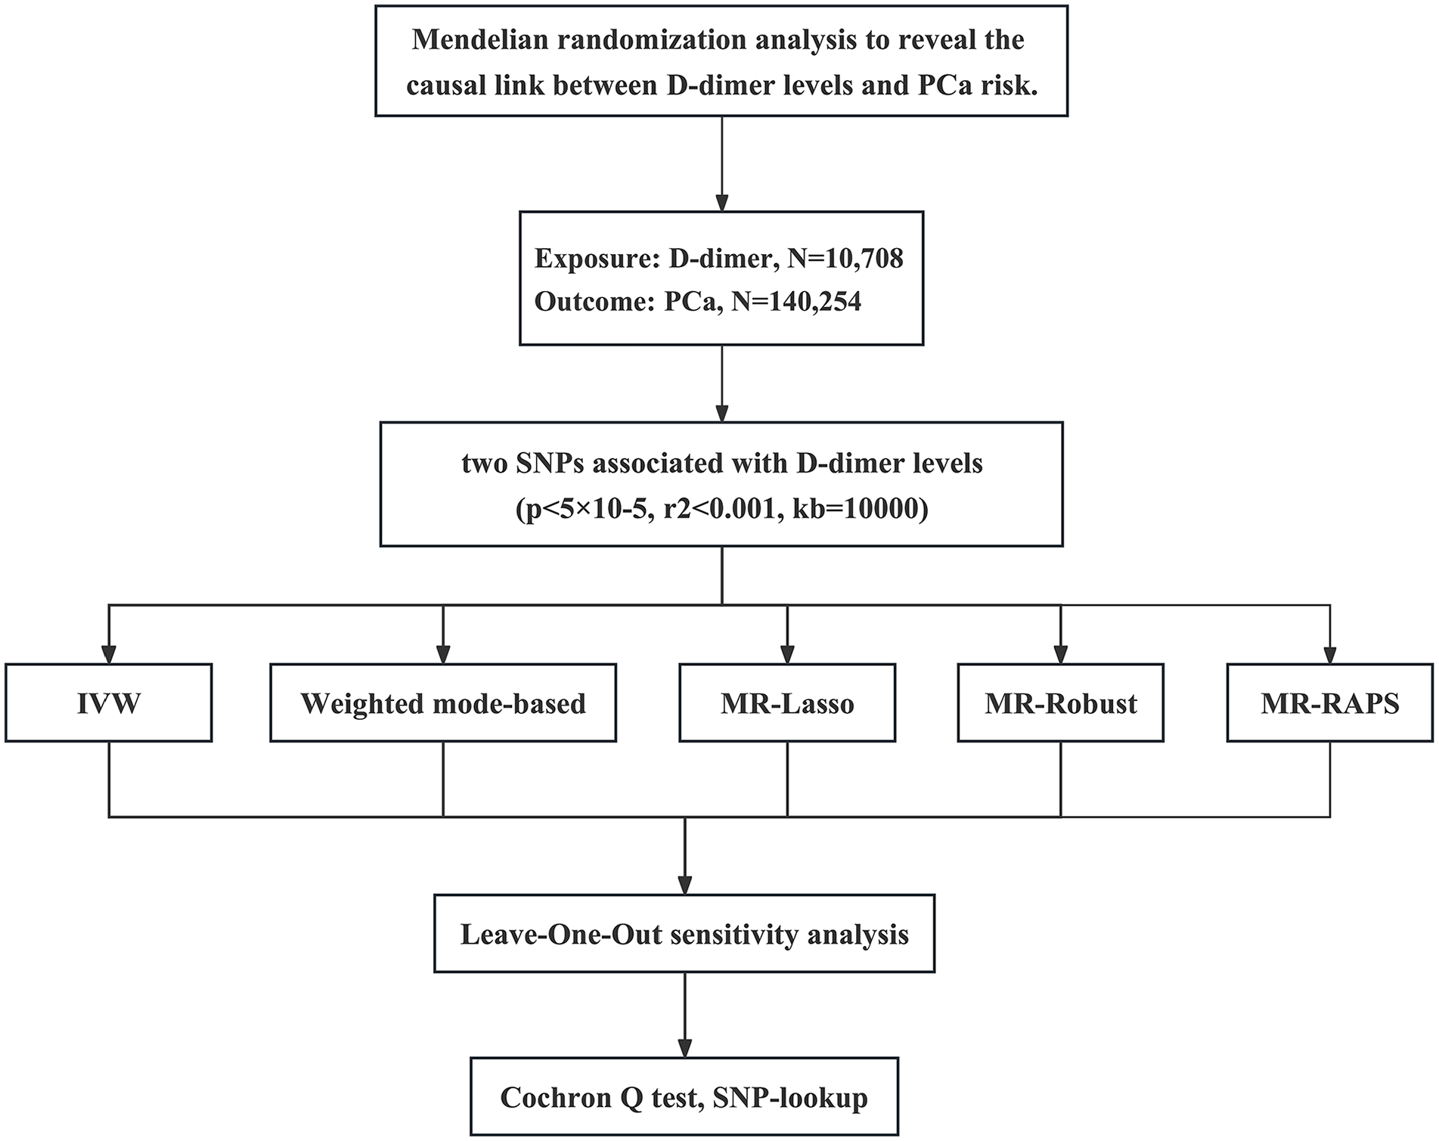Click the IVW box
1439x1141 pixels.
[109, 703]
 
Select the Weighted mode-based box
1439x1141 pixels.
[443, 703]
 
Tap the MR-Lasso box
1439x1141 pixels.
[787, 703]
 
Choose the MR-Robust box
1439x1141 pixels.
[1060, 703]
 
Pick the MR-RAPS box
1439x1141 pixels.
[1330, 703]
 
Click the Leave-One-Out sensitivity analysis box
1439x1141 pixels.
[684, 934]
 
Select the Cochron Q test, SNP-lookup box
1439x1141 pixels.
[684, 1096]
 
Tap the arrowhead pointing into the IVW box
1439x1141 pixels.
[109, 654]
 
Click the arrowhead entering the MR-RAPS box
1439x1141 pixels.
[1330, 654]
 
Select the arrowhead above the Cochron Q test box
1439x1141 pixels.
[684, 1048]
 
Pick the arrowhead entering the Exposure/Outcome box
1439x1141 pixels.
[722, 202]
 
